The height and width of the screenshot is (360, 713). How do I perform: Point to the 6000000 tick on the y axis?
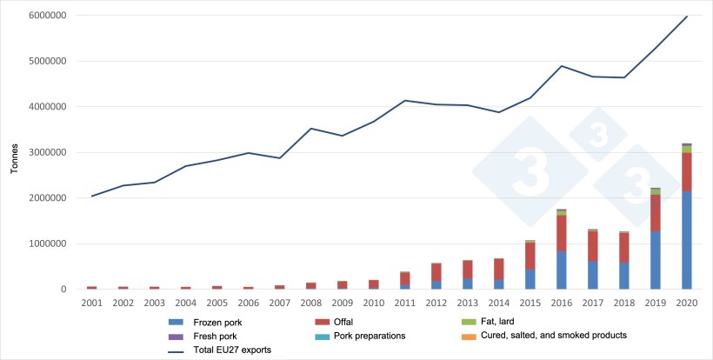(x=55, y=17)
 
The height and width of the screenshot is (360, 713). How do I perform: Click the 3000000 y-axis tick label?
(x=55, y=153)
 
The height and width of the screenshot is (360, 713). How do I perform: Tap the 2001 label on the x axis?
(x=91, y=302)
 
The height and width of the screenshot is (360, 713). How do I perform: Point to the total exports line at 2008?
(x=311, y=129)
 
